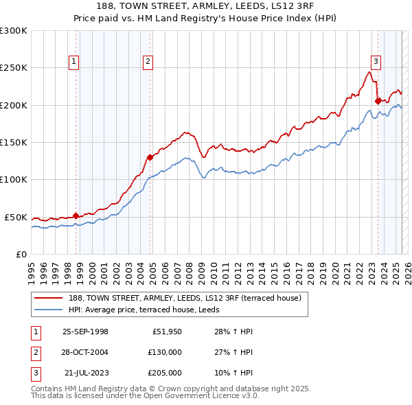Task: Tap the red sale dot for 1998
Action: [x=76, y=215]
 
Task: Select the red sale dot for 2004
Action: [x=150, y=157]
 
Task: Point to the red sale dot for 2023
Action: [x=378, y=102]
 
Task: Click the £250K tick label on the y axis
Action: [x=14, y=68]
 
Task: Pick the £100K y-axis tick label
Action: [x=14, y=180]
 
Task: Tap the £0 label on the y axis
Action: [x=20, y=254]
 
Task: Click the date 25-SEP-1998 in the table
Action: [x=85, y=332]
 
